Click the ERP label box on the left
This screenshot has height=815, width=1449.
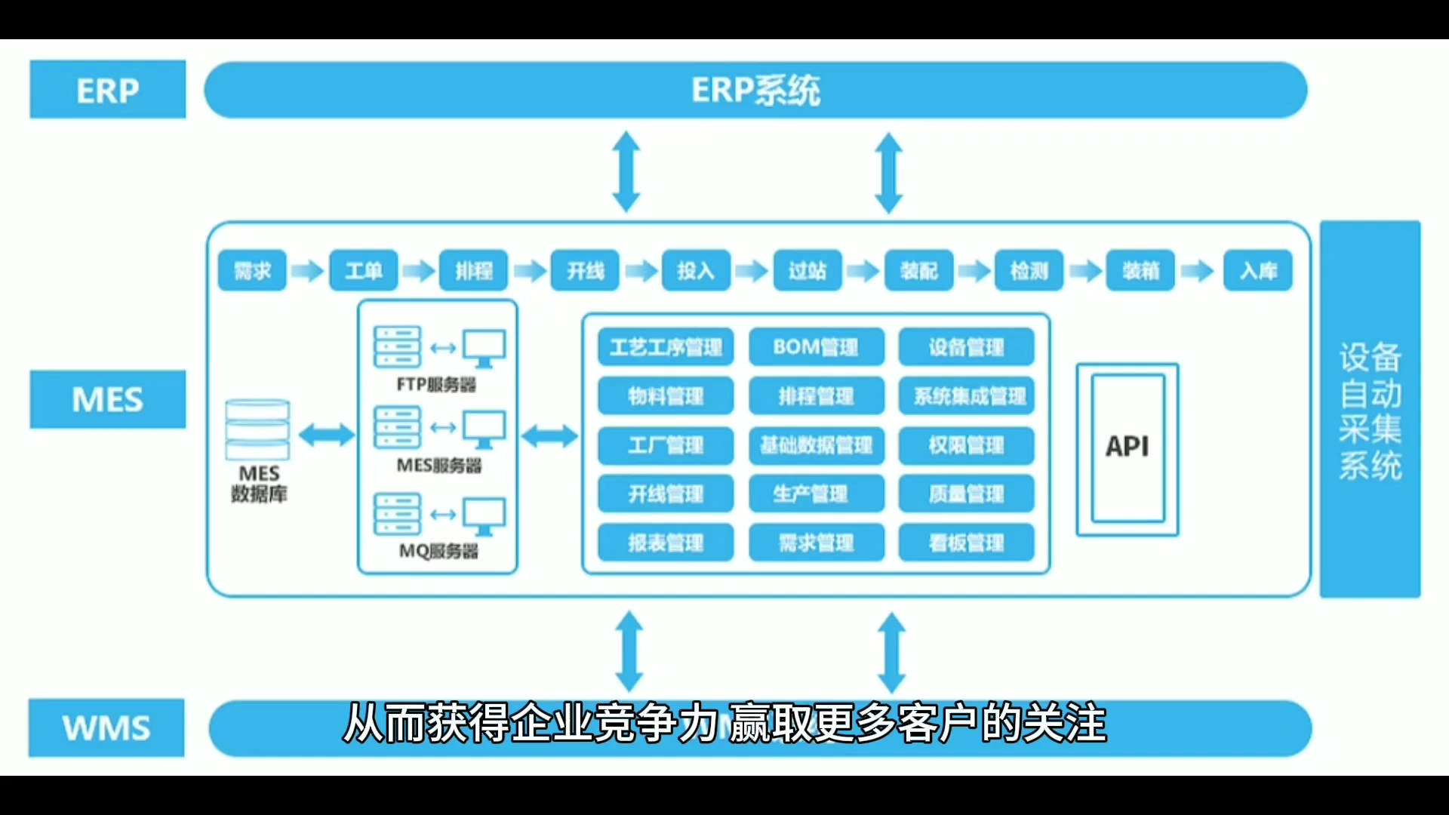click(107, 90)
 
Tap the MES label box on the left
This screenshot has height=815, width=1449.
click(107, 399)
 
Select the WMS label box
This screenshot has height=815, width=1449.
click(106, 727)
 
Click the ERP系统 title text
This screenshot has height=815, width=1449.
click(755, 91)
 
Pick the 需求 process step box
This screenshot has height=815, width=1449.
click(252, 270)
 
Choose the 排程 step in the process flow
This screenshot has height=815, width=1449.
click(474, 270)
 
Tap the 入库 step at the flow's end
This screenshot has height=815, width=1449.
click(1258, 270)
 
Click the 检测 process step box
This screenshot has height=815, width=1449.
click(1029, 270)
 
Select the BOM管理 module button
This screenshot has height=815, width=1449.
click(816, 347)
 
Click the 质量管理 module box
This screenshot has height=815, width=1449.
click(966, 494)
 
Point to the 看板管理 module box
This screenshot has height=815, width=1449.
click(966, 543)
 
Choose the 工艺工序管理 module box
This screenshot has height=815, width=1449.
click(666, 347)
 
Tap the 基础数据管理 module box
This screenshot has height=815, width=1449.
click(816, 445)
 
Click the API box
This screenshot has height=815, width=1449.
click(1128, 447)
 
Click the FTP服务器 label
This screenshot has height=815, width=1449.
click(436, 385)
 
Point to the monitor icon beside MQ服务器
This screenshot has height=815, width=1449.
click(484, 515)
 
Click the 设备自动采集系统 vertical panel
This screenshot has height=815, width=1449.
click(1370, 410)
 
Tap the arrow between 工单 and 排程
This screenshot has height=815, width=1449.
click(419, 270)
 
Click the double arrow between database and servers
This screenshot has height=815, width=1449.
click(327, 435)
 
